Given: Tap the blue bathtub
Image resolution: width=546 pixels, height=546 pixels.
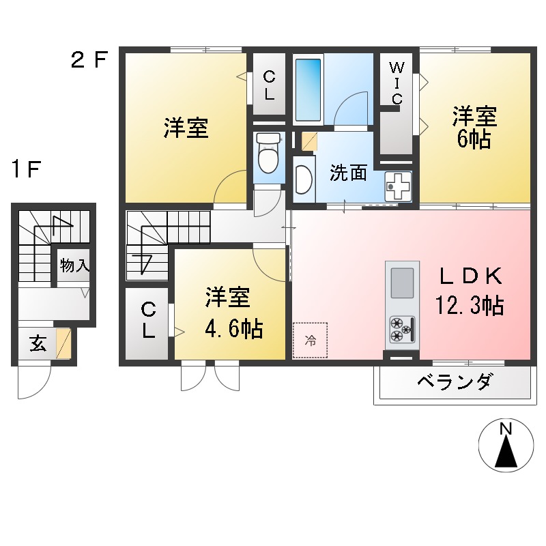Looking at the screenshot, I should [x=308, y=89].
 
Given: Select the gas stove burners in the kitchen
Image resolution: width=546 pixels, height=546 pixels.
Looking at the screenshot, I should [x=401, y=330].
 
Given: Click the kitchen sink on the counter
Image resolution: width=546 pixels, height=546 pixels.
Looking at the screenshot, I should [x=401, y=281].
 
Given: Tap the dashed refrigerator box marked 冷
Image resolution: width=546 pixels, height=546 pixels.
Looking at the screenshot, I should [x=310, y=340].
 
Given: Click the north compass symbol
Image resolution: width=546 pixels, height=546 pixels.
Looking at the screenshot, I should [x=506, y=447].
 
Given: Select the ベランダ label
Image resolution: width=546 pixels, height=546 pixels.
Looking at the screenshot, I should [x=453, y=383].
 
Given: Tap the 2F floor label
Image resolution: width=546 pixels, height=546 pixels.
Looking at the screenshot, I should [x=89, y=60].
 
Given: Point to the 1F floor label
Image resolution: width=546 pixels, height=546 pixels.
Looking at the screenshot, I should [x=27, y=169].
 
